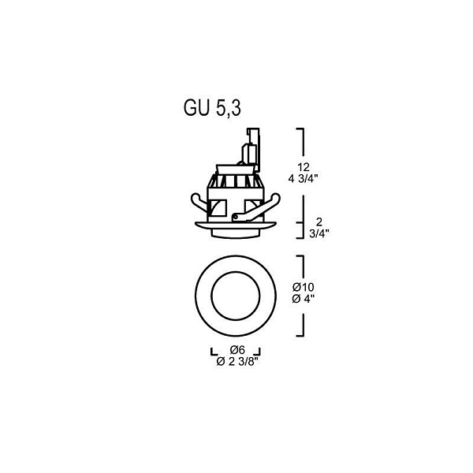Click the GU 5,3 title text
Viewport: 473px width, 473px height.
[212, 108]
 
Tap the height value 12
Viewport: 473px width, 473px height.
[304, 167]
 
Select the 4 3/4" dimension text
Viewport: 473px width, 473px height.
[304, 179]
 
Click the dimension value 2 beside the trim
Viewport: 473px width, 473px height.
[318, 222]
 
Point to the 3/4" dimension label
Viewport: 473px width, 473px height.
[318, 233]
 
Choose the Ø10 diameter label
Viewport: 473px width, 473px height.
[304, 287]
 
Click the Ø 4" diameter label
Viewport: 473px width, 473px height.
[304, 299]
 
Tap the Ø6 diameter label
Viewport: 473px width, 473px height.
[237, 350]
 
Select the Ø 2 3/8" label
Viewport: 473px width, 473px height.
[238, 362]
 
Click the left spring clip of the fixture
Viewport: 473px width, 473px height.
[199, 202]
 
